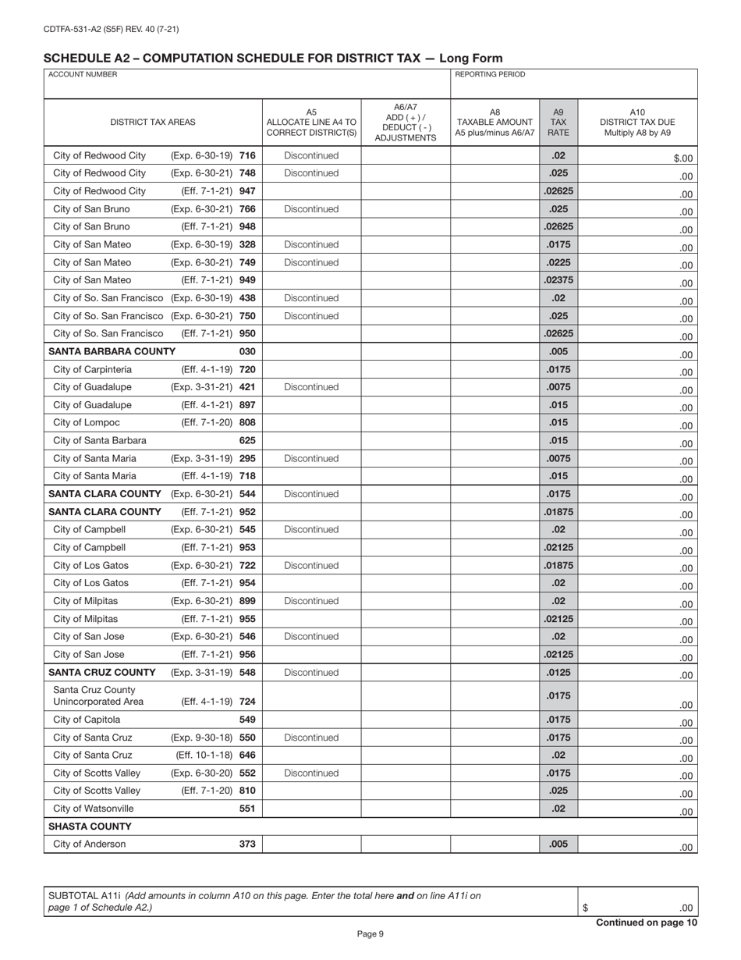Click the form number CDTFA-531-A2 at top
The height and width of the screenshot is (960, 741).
point(111,30)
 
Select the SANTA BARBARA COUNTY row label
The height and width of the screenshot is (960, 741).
point(101,351)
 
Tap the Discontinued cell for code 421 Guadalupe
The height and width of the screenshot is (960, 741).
point(311,387)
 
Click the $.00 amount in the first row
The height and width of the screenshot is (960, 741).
point(682,158)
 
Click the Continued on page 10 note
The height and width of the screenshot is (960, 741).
point(646,923)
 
